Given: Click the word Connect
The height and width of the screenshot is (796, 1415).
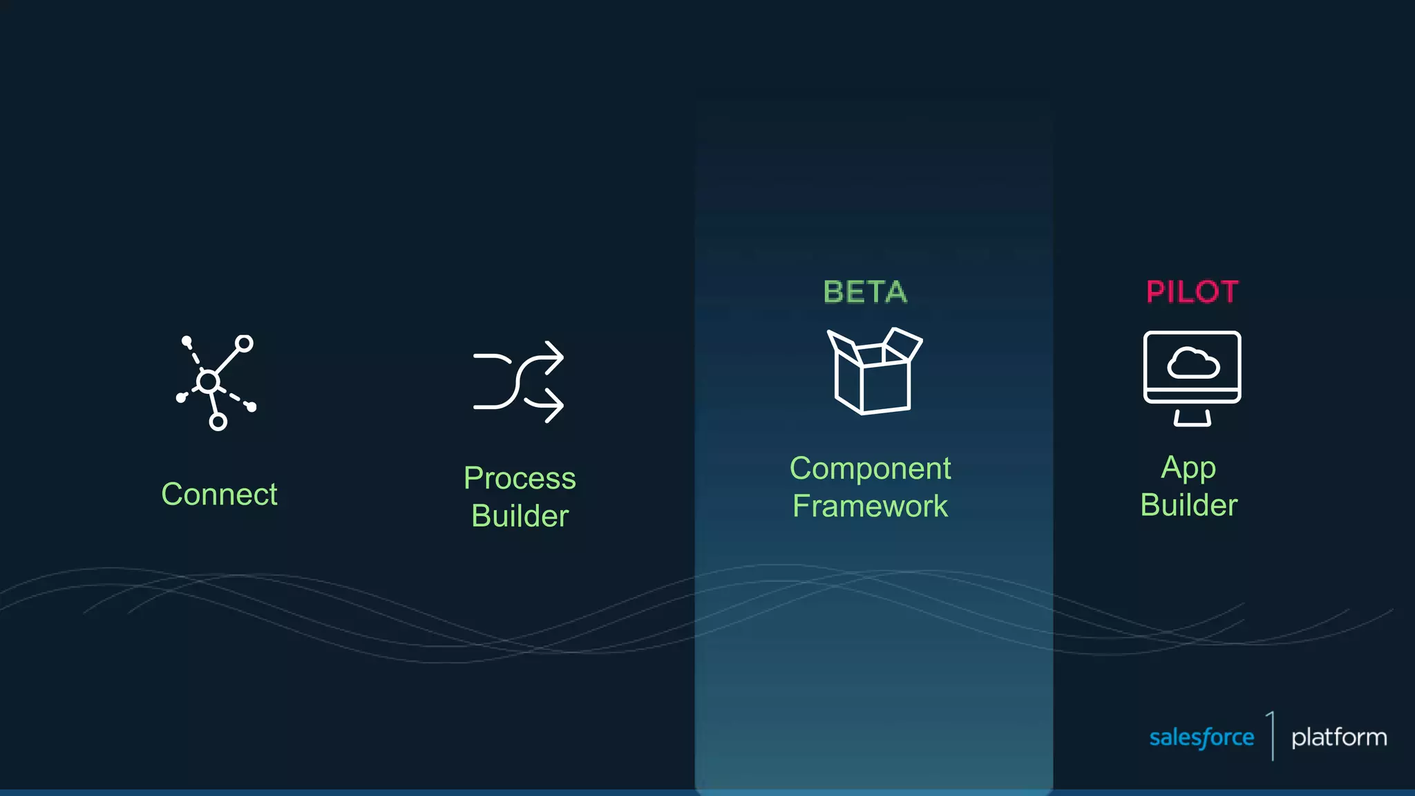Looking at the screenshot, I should tap(219, 494).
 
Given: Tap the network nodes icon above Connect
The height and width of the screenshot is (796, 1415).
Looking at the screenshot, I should tap(216, 382).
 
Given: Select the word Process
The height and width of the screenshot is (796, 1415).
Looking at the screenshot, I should tap(520, 478).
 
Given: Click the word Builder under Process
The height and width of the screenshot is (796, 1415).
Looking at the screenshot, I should tap(520, 516).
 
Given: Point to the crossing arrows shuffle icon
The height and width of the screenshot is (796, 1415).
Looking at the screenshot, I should tap(518, 381).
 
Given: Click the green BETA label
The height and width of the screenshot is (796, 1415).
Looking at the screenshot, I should tap(865, 292).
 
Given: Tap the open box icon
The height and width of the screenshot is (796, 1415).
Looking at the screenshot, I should tap(874, 371).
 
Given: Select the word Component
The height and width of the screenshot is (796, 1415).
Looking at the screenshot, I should tap(870, 468).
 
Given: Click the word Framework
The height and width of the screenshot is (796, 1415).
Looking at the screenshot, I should tap(870, 506).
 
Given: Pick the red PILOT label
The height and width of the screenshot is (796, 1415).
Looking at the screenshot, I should tap(1192, 292).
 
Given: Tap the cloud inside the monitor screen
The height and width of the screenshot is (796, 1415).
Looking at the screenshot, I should tap(1193, 363).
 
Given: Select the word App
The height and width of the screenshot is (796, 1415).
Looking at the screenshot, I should tap(1188, 468).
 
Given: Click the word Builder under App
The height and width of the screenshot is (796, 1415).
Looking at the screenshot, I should tap(1188, 505).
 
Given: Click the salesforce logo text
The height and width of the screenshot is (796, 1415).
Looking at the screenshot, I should tap(1202, 737).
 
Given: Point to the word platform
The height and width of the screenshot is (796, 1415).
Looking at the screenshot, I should tap(1339, 737).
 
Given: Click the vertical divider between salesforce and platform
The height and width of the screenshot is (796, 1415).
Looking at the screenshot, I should tap(1272, 736).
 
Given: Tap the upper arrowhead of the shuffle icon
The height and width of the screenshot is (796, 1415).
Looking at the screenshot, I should tap(554, 357).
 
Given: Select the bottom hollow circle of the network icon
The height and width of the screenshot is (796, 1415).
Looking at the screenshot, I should tap(218, 421).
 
